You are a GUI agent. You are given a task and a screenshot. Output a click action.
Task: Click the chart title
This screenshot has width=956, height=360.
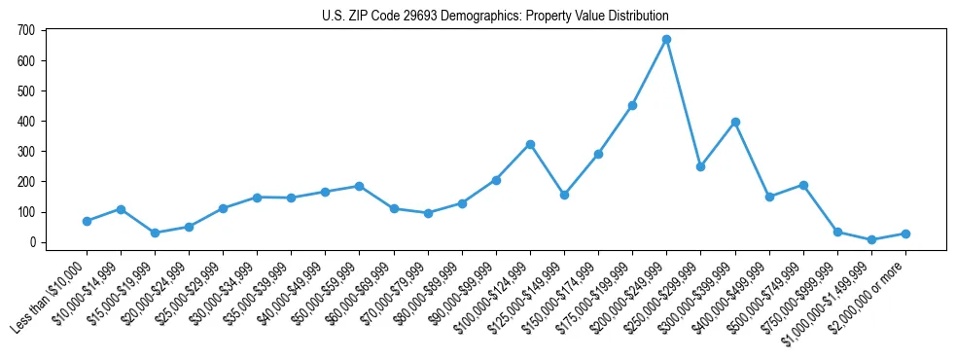495,17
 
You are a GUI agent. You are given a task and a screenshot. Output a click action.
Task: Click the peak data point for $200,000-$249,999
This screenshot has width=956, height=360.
666,40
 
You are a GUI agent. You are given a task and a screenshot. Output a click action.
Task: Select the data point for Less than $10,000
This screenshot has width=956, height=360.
87,221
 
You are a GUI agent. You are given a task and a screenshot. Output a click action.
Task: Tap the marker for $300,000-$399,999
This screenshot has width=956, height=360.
735,123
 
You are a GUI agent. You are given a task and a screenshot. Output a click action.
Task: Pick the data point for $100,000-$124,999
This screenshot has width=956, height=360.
530,144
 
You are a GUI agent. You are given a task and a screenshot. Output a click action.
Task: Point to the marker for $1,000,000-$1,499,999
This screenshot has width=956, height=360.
871,239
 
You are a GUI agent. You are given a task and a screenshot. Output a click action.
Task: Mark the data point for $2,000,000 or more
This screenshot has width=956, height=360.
905,234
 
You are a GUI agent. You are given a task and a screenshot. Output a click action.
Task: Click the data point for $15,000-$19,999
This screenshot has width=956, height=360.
155,233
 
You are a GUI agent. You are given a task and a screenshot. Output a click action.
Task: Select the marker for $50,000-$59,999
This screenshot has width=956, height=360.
360,186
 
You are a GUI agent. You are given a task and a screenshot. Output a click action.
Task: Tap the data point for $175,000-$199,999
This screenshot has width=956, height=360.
632,105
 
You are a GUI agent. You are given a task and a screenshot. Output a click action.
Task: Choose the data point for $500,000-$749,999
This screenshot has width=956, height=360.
803,185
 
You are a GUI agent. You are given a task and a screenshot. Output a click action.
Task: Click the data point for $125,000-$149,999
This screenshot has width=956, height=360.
564,195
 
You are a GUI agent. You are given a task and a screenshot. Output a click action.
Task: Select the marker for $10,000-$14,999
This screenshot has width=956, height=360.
121,209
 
